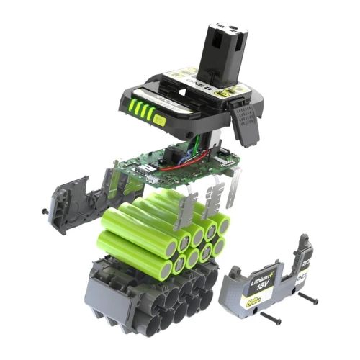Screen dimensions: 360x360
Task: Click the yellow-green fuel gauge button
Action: [x=159, y=121]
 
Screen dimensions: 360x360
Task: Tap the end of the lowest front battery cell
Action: [x=166, y=269]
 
